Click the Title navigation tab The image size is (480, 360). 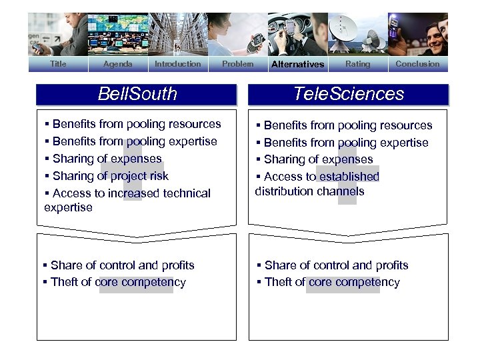pyautogui.click(x=58, y=64)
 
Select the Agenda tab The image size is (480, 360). pyautogui.click(x=117, y=64)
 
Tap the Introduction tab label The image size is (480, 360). pyautogui.click(x=177, y=64)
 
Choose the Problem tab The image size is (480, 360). pyautogui.click(x=237, y=64)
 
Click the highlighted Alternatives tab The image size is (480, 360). pyautogui.click(x=297, y=65)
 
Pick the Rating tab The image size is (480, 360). pyautogui.click(x=357, y=64)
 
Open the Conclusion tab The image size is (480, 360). pyautogui.click(x=417, y=64)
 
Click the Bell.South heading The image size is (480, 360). pyautogui.click(x=137, y=94)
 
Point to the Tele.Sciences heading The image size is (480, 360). pyautogui.click(x=349, y=94)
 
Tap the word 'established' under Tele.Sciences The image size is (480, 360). pyautogui.click(x=349, y=177)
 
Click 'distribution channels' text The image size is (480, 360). pyautogui.click(x=309, y=191)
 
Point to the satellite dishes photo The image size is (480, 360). pyautogui.click(x=357, y=33)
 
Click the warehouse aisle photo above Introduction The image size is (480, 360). pyautogui.click(x=177, y=33)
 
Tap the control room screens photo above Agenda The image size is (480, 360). pyautogui.click(x=117, y=33)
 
